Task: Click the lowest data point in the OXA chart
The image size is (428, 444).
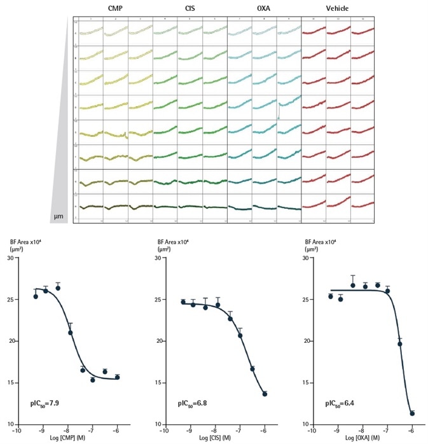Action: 412,413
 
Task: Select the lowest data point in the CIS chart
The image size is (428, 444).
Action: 265,394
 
